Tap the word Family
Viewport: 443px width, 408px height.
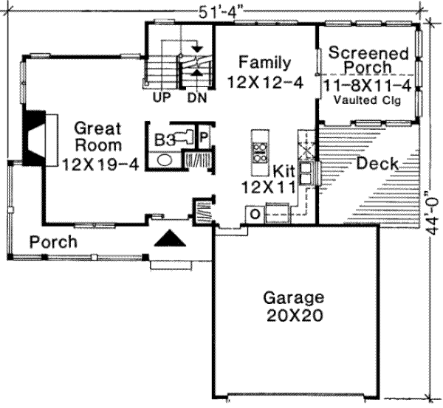pyautogui.click(x=264, y=63)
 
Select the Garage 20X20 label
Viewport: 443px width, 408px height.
pyautogui.click(x=294, y=299)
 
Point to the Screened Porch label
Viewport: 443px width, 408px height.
pyautogui.click(x=368, y=60)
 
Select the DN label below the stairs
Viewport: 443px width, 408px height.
pyautogui.click(x=196, y=97)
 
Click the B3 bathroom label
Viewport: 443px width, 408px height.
pyautogui.click(x=165, y=138)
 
